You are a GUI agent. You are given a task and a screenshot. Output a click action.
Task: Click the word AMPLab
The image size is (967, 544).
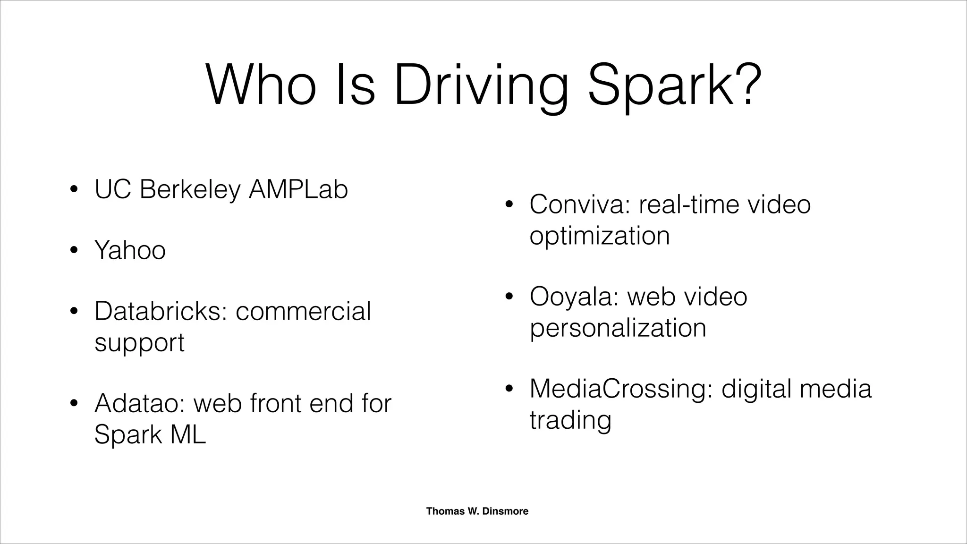298,189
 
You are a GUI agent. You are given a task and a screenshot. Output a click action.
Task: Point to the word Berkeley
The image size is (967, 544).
190,190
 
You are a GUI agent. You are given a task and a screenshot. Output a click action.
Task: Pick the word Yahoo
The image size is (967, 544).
130,250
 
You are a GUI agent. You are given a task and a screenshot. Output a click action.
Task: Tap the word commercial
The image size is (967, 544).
303,311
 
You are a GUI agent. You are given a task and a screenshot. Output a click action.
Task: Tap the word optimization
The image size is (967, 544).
599,236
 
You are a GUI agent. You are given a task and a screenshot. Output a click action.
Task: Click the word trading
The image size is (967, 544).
570,420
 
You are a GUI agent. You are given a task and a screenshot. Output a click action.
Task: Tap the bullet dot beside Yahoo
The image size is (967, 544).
73,251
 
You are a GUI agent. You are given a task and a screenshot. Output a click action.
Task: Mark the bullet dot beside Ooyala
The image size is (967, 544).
509,297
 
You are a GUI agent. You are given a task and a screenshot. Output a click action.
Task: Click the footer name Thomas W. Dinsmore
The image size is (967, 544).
477,511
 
